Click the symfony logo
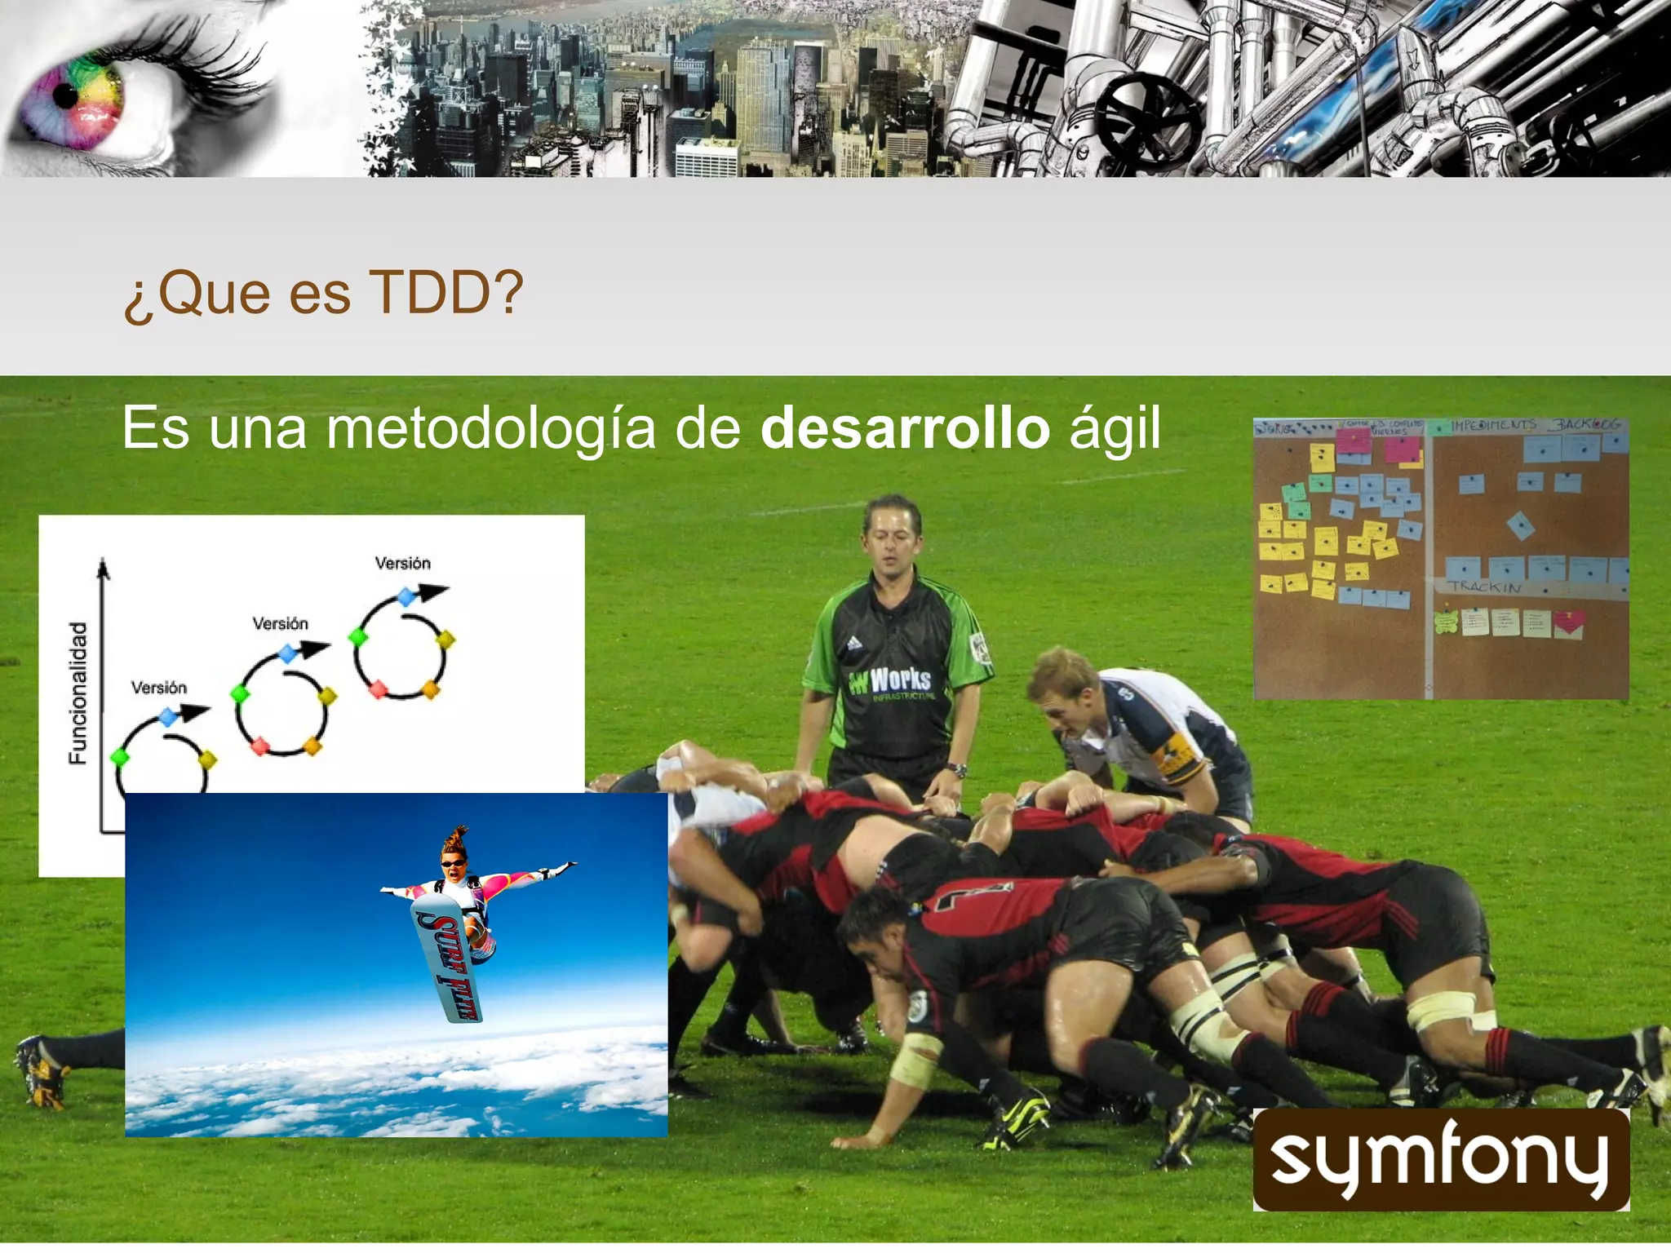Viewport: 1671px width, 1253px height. pyautogui.click(x=1440, y=1159)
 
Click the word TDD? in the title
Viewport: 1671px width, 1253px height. pyautogui.click(x=445, y=292)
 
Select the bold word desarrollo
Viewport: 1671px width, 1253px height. pyautogui.click(x=905, y=428)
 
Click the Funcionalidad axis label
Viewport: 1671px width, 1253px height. pyautogui.click(x=78, y=693)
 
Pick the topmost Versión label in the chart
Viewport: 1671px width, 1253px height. pyautogui.click(x=402, y=563)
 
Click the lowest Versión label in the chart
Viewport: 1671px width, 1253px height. pyautogui.click(x=159, y=688)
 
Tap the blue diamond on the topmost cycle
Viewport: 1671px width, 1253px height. pyautogui.click(x=406, y=597)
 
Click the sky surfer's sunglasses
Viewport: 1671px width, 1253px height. pyautogui.click(x=454, y=862)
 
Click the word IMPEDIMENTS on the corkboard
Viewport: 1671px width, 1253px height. pyautogui.click(x=1493, y=425)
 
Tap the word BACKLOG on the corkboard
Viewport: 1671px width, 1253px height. pyautogui.click(x=1587, y=424)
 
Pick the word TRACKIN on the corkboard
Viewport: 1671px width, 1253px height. pyautogui.click(x=1485, y=587)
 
